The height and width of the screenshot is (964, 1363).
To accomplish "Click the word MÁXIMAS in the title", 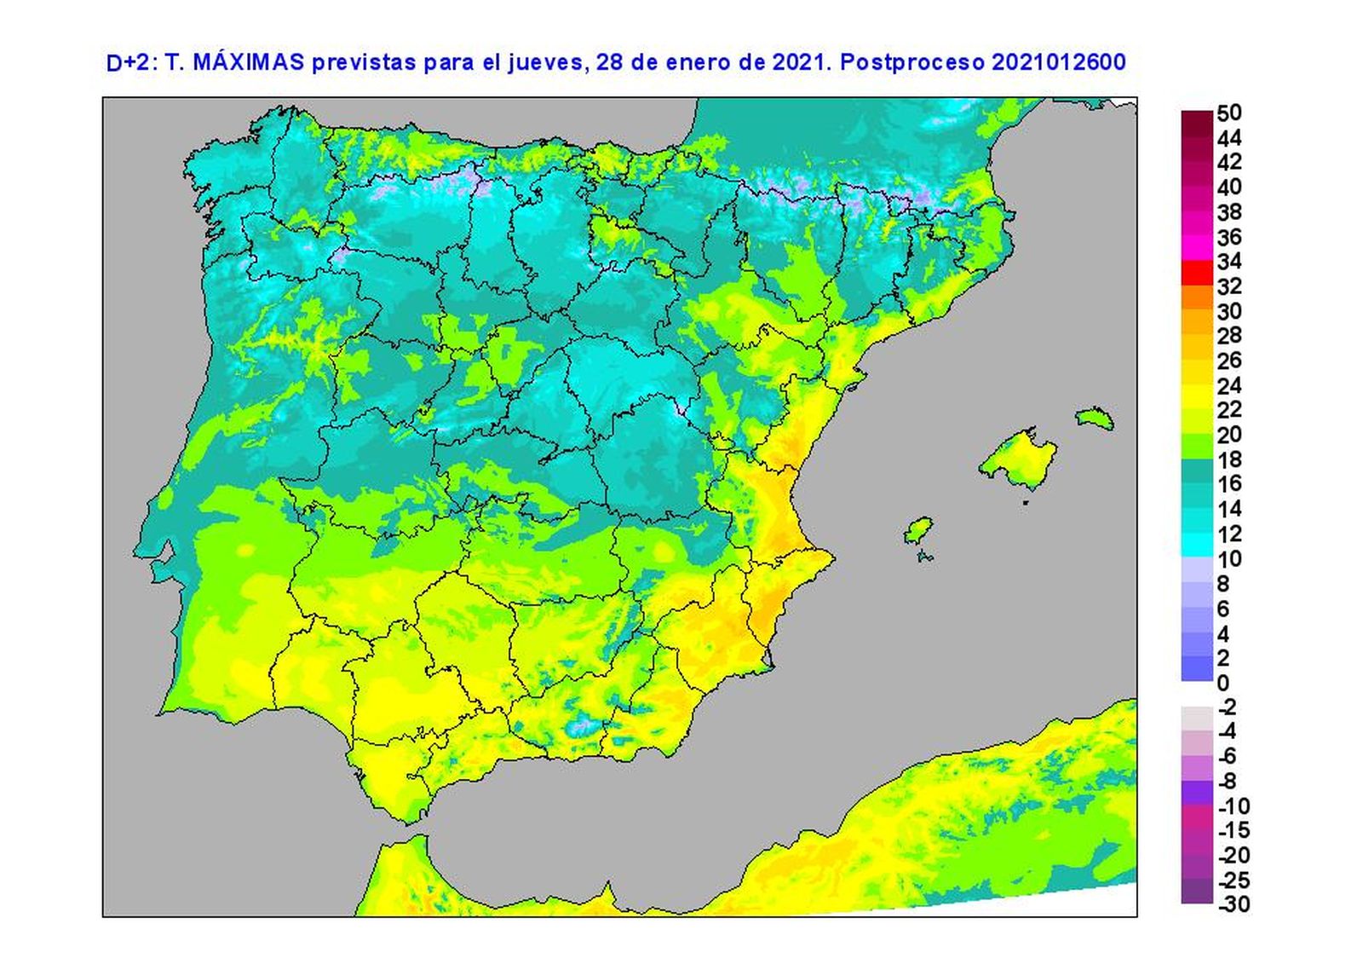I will [x=249, y=62].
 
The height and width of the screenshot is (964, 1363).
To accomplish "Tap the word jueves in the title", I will [x=544, y=62].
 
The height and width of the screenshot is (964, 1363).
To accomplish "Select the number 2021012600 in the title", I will [x=1058, y=62].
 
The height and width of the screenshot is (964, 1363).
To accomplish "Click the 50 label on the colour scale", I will [x=1228, y=113].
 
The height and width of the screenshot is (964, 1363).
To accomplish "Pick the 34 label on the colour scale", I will [x=1228, y=262].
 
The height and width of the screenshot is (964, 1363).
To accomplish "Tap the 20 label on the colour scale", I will [x=1228, y=435].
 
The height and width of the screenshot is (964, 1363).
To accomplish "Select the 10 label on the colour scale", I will [x=1228, y=559].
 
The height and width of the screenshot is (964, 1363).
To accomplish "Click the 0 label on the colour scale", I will [x=1223, y=683].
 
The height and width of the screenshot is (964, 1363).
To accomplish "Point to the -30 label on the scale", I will [x=1234, y=904].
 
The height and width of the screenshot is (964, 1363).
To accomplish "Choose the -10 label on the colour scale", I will [x=1234, y=805].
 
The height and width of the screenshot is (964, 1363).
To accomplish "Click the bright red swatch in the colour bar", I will [x=1197, y=273].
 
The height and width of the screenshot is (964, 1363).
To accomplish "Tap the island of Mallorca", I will [x=1020, y=460].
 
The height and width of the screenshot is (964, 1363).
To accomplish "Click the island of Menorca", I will [x=1095, y=418].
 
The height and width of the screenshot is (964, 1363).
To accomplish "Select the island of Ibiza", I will [x=917, y=531].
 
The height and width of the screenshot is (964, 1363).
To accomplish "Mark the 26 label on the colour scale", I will [x=1228, y=361].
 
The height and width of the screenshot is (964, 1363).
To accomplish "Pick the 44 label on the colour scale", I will [x=1228, y=138].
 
